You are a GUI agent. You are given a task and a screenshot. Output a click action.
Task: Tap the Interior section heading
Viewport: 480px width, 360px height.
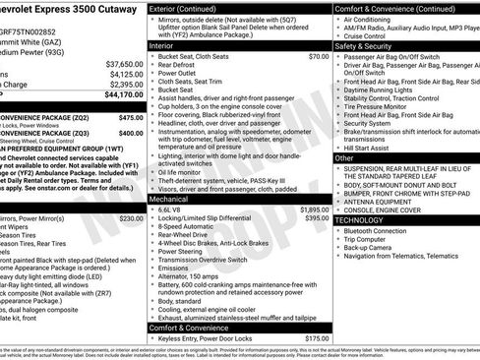[x=163, y=45]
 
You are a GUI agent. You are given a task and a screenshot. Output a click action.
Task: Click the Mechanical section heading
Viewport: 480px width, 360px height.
[x=169, y=198]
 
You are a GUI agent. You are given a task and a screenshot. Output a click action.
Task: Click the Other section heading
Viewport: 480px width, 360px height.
[x=344, y=157]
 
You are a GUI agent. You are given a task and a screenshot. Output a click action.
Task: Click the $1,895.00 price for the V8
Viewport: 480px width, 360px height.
[x=312, y=210]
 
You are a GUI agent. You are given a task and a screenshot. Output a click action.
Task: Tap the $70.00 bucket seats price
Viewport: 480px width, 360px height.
[x=317, y=57]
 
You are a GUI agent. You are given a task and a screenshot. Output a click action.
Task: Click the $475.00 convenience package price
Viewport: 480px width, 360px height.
[x=130, y=116]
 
